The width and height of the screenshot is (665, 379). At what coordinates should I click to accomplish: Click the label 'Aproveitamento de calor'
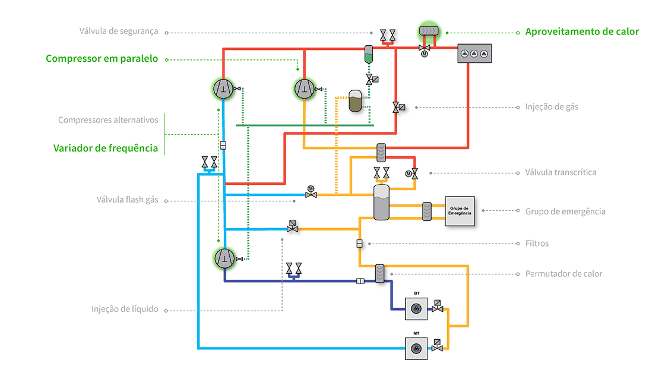click(x=582, y=31)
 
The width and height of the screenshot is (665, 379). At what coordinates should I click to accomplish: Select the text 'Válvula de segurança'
click(x=119, y=31)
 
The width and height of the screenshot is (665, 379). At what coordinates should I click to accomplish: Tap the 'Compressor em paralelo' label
click(x=102, y=59)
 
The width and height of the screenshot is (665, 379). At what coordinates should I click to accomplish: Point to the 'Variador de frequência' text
click(x=106, y=148)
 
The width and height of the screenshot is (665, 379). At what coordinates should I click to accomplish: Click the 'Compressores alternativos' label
click(x=108, y=120)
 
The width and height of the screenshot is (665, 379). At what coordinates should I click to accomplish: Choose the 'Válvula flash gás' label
click(x=127, y=200)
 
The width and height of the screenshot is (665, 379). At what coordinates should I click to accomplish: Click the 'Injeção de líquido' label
click(x=125, y=309)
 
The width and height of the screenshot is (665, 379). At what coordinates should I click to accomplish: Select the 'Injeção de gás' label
click(x=552, y=107)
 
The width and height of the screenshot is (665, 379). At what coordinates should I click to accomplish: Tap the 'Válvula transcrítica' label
click(x=560, y=172)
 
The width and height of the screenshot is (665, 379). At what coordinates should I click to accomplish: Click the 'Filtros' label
click(x=537, y=243)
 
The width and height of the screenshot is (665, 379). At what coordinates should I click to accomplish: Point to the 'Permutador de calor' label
click(x=563, y=274)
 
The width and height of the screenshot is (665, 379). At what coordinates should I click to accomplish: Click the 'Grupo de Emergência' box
click(x=460, y=211)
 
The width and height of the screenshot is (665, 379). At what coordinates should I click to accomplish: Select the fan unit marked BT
click(x=417, y=308)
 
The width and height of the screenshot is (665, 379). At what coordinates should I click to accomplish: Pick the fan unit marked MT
click(x=417, y=348)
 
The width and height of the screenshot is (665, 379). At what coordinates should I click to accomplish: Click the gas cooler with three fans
click(x=474, y=53)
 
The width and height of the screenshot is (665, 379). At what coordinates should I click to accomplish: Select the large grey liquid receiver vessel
click(x=381, y=202)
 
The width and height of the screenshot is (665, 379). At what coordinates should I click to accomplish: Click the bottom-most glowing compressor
click(x=223, y=258)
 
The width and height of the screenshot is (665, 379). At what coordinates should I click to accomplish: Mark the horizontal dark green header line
click(x=305, y=125)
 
